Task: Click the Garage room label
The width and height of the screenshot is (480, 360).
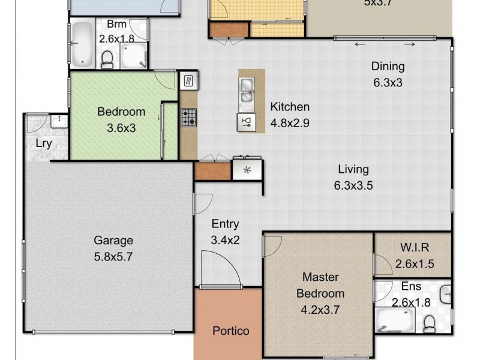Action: (x=113, y=241)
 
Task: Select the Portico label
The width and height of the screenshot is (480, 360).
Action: (x=231, y=331)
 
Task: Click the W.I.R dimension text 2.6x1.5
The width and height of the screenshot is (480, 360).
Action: (x=415, y=263)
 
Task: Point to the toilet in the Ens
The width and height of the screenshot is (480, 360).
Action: (x=430, y=323)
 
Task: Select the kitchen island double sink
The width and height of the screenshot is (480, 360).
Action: (x=247, y=91)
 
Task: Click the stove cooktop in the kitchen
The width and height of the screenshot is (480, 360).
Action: (x=188, y=117)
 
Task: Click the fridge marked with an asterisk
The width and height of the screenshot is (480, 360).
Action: (x=246, y=170)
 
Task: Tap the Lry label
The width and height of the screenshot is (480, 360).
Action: (x=43, y=143)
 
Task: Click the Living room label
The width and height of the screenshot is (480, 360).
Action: (x=353, y=169)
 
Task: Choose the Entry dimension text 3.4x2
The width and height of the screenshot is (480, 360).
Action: (x=226, y=240)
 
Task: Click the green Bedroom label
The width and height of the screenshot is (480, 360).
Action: (x=121, y=112)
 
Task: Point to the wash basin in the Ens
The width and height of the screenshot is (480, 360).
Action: (x=445, y=293)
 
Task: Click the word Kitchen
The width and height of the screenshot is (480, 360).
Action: (x=290, y=107)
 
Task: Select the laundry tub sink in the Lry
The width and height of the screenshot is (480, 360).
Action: (x=59, y=121)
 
